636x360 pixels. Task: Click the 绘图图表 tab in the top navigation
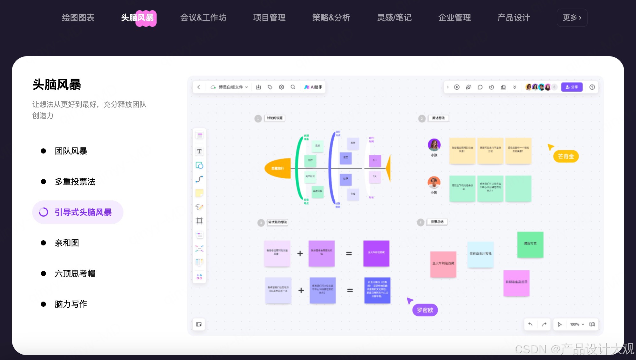78,18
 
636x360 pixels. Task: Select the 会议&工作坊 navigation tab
203,18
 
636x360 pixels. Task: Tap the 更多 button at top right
572,18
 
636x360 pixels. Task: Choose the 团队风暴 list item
71,151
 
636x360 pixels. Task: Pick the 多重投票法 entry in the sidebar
75,182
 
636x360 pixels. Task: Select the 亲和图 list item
67,243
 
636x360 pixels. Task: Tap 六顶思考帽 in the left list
75,274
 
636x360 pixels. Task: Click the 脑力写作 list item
71,304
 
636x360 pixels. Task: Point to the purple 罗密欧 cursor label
425,310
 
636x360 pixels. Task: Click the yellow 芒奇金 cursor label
566,156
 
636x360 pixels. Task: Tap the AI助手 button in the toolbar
313,87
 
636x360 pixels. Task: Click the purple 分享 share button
572,87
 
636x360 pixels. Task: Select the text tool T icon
199,151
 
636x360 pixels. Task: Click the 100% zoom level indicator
575,324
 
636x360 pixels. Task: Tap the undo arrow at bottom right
530,324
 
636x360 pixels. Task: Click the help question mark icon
592,87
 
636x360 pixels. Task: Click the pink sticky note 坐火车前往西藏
443,264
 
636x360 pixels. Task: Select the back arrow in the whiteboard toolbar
199,87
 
